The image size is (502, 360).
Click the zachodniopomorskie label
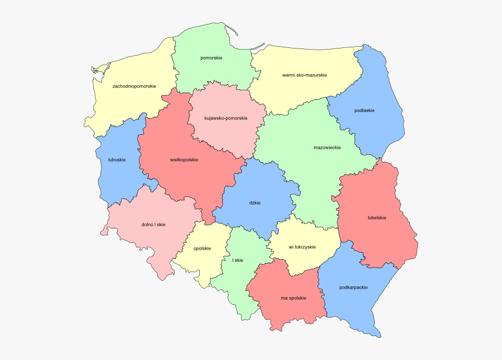134,86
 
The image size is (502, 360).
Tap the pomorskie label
211,58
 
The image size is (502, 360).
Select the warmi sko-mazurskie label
305,75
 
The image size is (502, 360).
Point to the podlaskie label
364,110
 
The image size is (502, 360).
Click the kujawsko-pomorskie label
226,118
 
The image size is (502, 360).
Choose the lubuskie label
117,160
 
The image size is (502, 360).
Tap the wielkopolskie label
184,160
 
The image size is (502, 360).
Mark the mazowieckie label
327,148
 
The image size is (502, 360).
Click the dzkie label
255,202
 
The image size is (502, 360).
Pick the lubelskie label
377,217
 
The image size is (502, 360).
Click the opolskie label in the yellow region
202,249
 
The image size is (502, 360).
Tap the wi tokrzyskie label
302,247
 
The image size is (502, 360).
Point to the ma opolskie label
293,298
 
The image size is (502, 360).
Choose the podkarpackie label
353,288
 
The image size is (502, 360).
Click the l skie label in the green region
238,260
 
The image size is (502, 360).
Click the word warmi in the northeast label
289,75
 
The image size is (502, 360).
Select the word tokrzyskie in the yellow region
306,247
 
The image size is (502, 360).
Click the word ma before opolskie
284,298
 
